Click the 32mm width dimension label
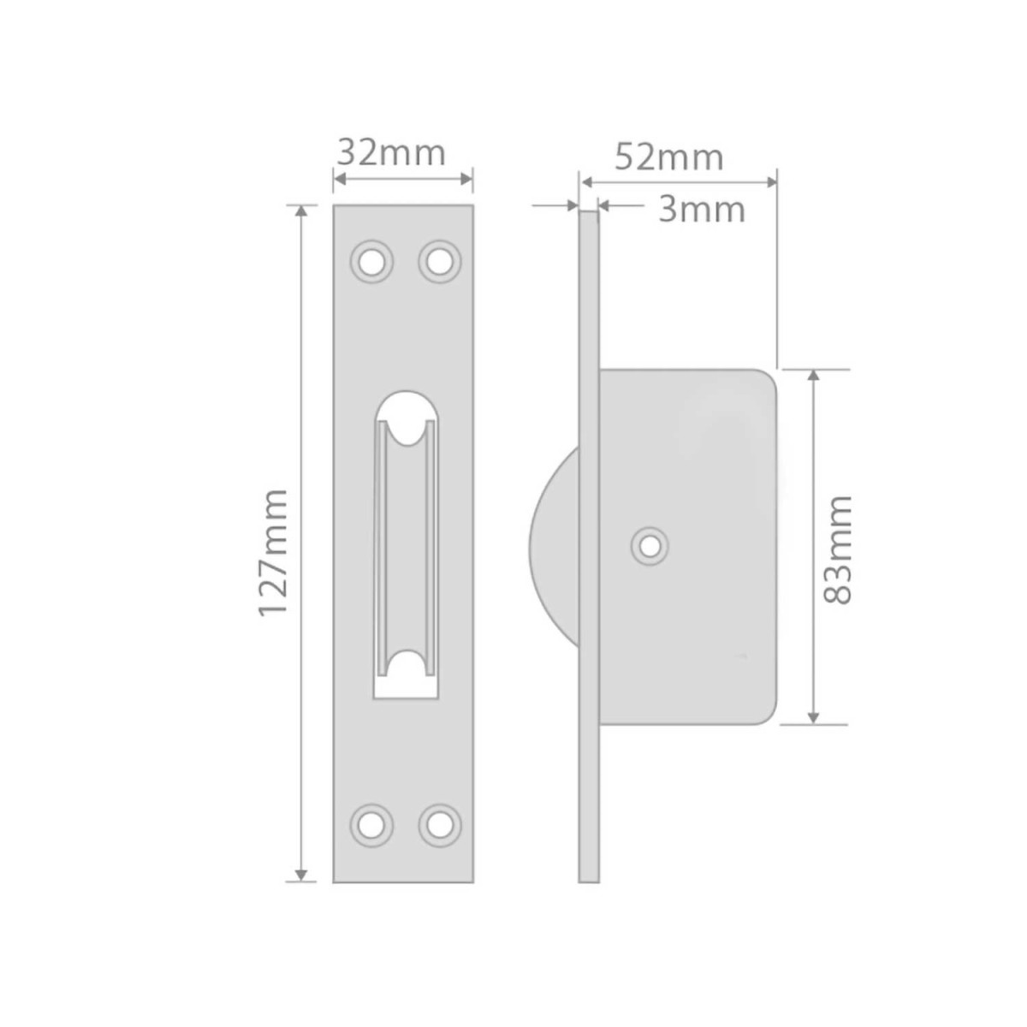[391, 153]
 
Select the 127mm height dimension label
[273, 553]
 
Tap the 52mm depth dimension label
[669, 157]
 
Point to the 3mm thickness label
[702, 210]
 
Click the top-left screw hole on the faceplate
[372, 262]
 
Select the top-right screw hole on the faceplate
[440, 262]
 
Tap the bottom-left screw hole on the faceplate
[372, 826]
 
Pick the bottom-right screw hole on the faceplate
[440, 826]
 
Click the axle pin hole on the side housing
[650, 546]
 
